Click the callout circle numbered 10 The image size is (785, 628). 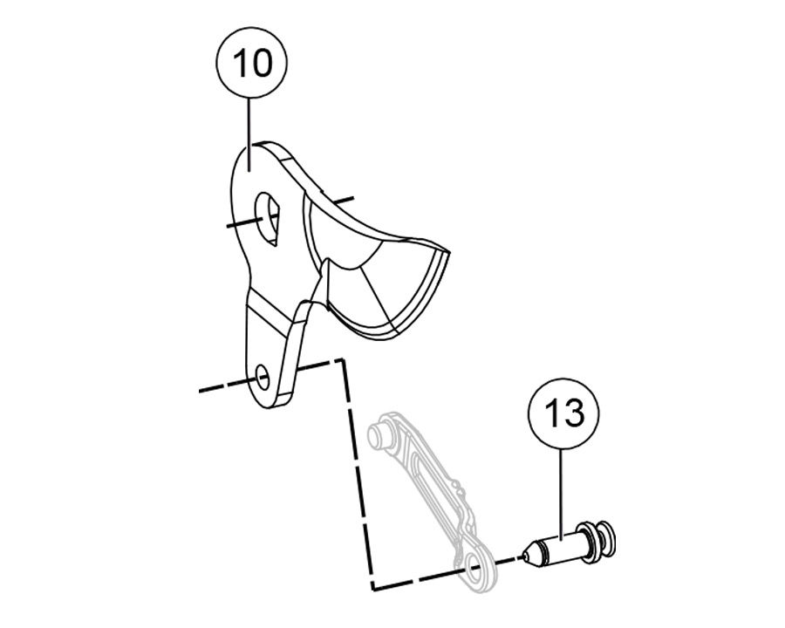pyautogui.click(x=251, y=62)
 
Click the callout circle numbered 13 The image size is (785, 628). pyautogui.click(x=563, y=413)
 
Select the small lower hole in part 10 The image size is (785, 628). pyautogui.click(x=263, y=377)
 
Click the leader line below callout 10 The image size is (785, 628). pyautogui.click(x=249, y=134)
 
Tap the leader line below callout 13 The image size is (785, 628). pyautogui.click(x=562, y=495)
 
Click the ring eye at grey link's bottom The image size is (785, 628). pyautogui.click(x=475, y=570)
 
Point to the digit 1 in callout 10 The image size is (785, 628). pyautogui.click(x=238, y=63)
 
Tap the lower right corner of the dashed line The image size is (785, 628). pyautogui.click(x=373, y=587)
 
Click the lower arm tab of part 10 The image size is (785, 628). pyautogui.click(x=271, y=351)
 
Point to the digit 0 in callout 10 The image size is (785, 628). pyautogui.click(x=263, y=63)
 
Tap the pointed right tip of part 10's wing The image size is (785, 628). pyautogui.click(x=448, y=252)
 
